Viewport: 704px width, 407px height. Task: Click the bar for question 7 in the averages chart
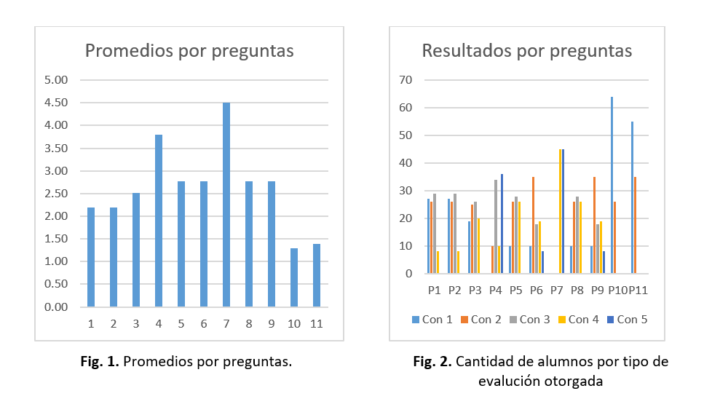(226, 205)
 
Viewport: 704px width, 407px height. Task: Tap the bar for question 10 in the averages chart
(294, 277)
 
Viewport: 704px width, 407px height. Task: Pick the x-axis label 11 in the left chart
(316, 323)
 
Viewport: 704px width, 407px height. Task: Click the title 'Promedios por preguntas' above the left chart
(189, 50)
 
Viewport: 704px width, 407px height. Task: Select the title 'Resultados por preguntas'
(527, 50)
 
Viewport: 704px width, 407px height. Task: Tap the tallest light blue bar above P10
(612, 185)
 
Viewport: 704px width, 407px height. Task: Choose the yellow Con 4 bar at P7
(560, 211)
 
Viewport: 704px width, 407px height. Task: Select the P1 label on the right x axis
(434, 290)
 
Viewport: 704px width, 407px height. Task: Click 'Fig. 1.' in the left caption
(102, 361)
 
